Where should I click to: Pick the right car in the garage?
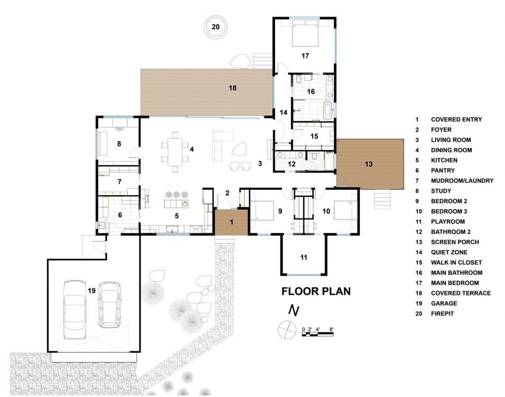click(x=110, y=304)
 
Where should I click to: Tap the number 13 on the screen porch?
click(x=368, y=163)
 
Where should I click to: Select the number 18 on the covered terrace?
click(x=232, y=87)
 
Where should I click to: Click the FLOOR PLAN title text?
click(x=316, y=292)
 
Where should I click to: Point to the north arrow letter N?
click(x=293, y=310)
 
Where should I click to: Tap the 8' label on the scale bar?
click(x=332, y=328)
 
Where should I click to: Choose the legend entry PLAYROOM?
click(x=448, y=221)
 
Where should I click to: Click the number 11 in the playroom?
click(x=304, y=258)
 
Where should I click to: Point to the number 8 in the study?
click(x=118, y=144)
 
